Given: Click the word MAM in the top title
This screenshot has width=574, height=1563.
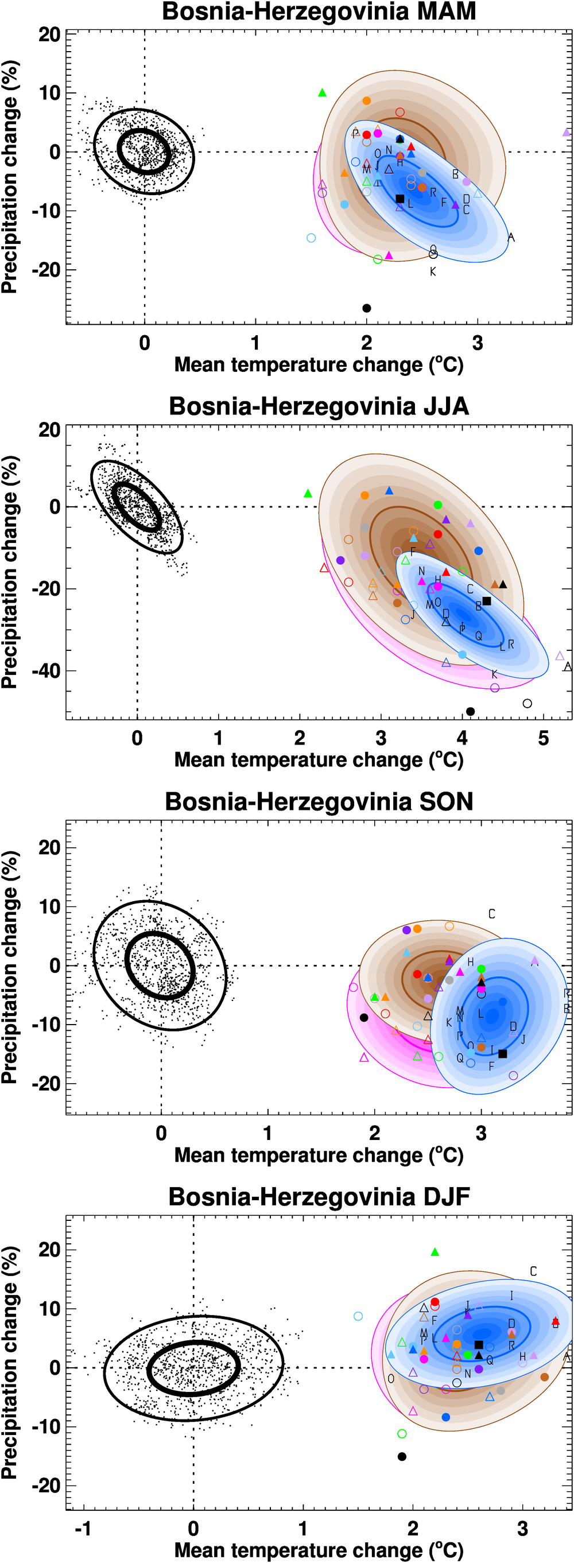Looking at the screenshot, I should pos(443,11).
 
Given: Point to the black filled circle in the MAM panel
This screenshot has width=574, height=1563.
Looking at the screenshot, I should pos(366,308).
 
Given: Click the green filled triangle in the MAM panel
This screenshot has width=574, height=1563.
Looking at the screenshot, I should pos(322,93).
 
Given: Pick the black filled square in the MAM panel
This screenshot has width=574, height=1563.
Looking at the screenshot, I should pos(400,199).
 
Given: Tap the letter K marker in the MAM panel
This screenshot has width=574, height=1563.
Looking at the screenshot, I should pos(433,272).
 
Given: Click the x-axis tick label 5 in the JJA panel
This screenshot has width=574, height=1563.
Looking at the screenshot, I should pos(543,738).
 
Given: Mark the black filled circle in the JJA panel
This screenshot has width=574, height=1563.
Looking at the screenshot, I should pos(470,711).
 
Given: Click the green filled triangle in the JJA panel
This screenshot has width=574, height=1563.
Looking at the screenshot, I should pos(308,494).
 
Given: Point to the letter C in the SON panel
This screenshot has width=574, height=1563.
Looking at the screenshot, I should pos(491,914).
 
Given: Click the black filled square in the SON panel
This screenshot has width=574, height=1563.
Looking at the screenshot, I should pos(502,1054).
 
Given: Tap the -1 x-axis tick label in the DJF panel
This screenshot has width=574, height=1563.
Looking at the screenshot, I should pos(83,1529).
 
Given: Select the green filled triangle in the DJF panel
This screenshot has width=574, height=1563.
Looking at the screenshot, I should pos(435,1252).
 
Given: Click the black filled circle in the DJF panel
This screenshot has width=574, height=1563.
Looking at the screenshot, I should pos(402,1456).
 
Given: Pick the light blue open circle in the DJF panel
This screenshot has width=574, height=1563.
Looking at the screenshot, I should pos(358,1316).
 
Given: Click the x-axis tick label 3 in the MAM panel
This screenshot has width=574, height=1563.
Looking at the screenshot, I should pos(478,343).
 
